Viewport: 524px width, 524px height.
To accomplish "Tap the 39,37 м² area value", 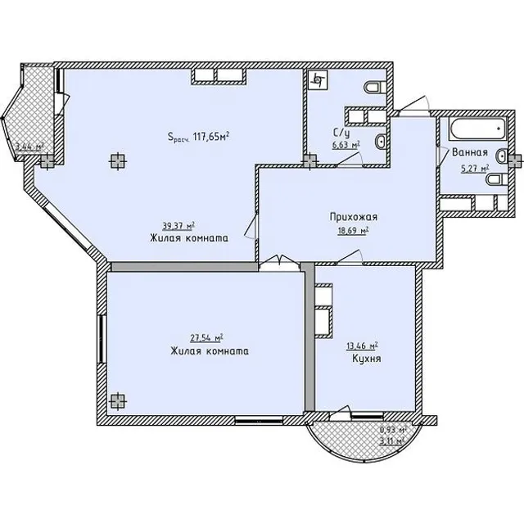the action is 178,226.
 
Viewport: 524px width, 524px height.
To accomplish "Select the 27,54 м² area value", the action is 207,338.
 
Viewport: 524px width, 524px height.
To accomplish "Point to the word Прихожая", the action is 354,217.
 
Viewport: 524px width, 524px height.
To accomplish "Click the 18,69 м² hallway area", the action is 353,231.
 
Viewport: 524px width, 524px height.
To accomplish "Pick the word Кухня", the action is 367,359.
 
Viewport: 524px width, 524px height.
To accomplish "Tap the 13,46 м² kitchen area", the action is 362,346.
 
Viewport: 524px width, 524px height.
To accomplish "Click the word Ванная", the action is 470,152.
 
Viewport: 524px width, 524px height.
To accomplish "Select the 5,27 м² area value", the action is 475,169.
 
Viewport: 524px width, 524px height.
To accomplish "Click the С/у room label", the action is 341,133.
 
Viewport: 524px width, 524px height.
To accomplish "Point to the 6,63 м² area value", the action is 346,145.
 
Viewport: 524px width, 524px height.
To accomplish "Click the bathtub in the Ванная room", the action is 478,129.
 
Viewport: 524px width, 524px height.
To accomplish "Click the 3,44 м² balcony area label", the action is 30,147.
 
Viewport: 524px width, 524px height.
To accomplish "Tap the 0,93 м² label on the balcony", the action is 393,430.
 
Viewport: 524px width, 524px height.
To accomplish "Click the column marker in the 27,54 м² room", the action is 118,400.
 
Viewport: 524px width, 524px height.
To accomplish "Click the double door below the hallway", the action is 280,260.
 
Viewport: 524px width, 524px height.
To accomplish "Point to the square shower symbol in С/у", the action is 318,80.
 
